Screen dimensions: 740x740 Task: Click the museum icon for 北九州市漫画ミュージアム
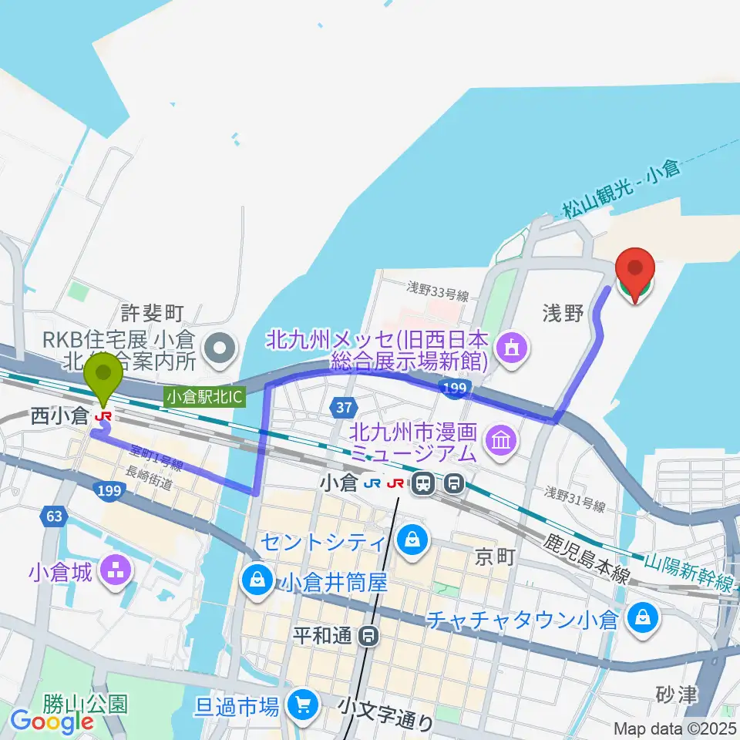click(x=502, y=441)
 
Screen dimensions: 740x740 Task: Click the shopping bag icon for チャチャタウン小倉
click(x=640, y=616)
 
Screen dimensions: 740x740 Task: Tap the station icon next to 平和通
click(x=370, y=637)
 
